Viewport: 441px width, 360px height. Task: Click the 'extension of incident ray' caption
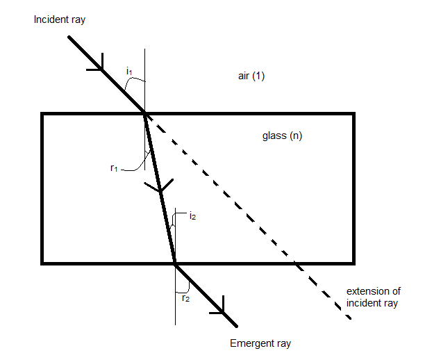(x=373, y=297)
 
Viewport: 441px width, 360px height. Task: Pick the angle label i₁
(x=129, y=71)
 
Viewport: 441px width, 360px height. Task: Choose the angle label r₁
(x=115, y=168)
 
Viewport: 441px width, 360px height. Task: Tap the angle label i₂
(x=193, y=217)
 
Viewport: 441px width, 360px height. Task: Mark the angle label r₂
(x=185, y=298)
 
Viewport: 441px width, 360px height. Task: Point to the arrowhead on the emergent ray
(x=222, y=306)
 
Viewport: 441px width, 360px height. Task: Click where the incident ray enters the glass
(x=144, y=113)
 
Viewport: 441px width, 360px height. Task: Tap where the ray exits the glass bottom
(x=175, y=263)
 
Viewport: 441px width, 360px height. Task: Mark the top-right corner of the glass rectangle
(x=353, y=114)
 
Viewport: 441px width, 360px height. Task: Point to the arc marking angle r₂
(x=182, y=288)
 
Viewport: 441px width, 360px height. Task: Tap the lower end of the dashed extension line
(x=349, y=318)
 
